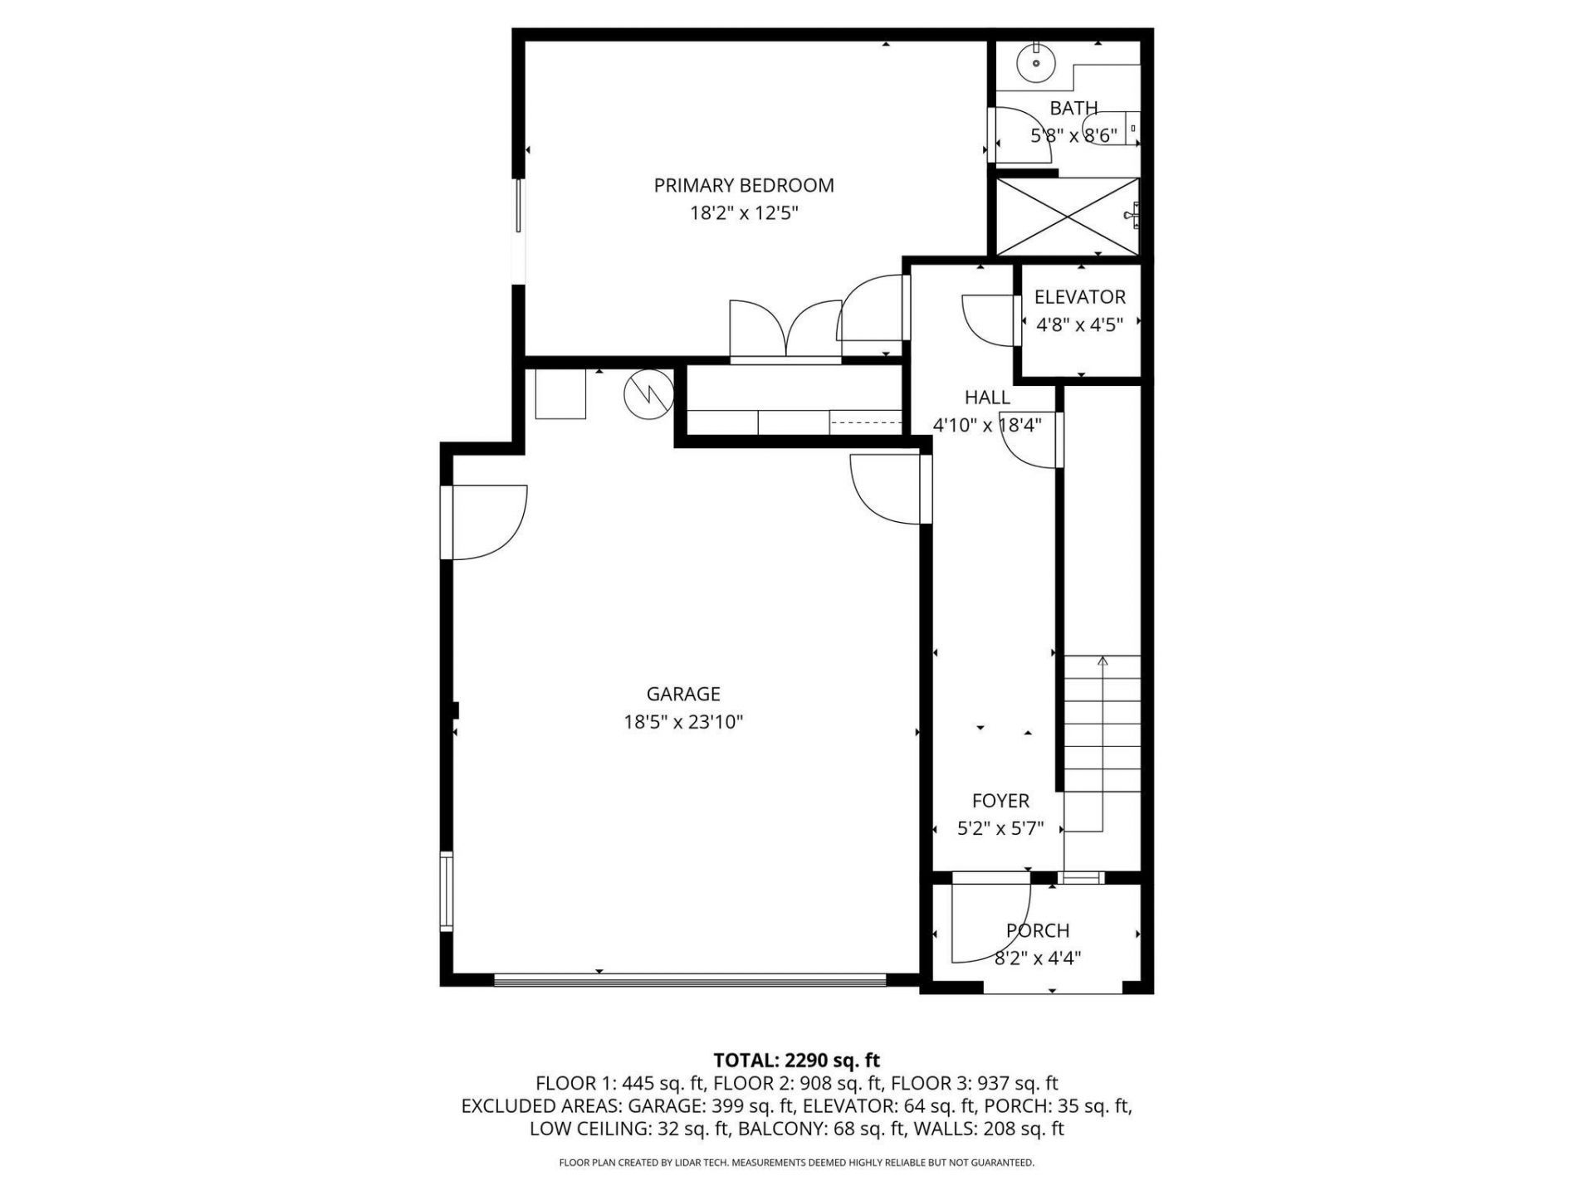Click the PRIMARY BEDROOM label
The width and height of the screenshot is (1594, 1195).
click(743, 185)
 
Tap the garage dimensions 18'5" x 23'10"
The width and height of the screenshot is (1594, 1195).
click(683, 722)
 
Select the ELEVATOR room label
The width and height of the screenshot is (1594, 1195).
click(1079, 297)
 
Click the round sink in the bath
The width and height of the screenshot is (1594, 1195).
click(1036, 62)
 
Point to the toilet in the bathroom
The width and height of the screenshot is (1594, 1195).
click(1117, 129)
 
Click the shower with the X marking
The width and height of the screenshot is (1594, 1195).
click(1067, 216)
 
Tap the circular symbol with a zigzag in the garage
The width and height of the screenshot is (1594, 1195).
click(648, 394)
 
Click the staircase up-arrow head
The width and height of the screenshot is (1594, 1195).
click(1103, 661)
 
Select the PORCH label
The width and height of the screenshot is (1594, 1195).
click(1037, 930)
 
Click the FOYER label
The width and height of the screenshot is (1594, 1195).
click(1000, 801)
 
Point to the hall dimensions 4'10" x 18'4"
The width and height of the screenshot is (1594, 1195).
click(987, 426)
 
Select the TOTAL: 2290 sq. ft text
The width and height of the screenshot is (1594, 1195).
click(796, 1060)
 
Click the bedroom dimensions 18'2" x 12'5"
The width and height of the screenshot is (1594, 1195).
click(743, 213)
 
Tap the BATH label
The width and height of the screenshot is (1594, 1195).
click(1073, 108)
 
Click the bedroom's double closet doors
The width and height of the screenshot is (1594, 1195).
click(785, 332)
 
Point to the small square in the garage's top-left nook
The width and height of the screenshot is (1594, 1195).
click(560, 394)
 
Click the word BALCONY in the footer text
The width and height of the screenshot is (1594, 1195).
click(774, 1129)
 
